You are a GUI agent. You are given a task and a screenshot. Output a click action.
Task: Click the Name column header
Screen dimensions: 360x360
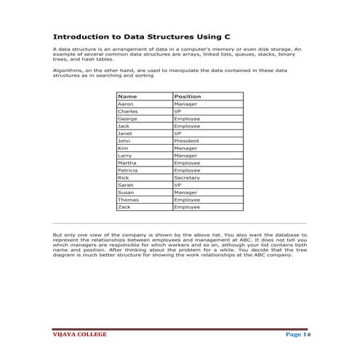[127, 96]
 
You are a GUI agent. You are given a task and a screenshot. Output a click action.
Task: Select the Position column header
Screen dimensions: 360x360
[188, 96]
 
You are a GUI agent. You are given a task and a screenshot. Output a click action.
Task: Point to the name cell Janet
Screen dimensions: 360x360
[125, 133]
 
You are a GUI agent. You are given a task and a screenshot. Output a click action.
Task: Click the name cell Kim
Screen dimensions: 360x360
[123, 148]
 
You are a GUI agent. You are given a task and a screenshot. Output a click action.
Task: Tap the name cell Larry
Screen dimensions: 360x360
[125, 156]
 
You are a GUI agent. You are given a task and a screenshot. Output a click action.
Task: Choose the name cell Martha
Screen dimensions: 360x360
[127, 163]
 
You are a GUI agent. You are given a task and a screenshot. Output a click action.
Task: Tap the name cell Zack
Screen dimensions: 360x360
[124, 207]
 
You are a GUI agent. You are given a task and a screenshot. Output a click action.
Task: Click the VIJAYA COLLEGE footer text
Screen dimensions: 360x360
[80, 335]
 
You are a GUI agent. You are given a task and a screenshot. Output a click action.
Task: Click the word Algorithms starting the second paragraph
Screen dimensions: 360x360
[67, 70]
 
